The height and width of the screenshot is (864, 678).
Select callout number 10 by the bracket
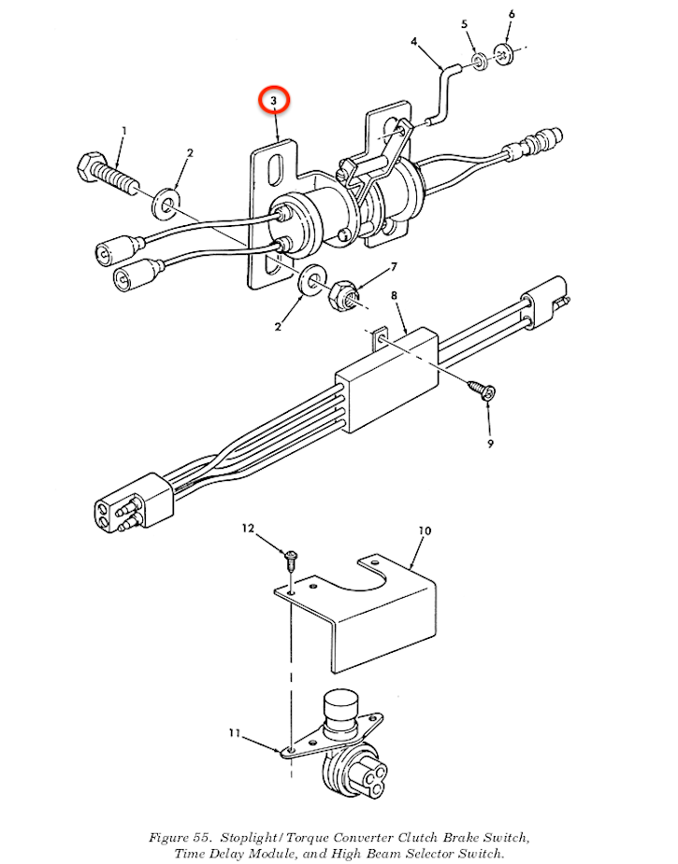point(424,531)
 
